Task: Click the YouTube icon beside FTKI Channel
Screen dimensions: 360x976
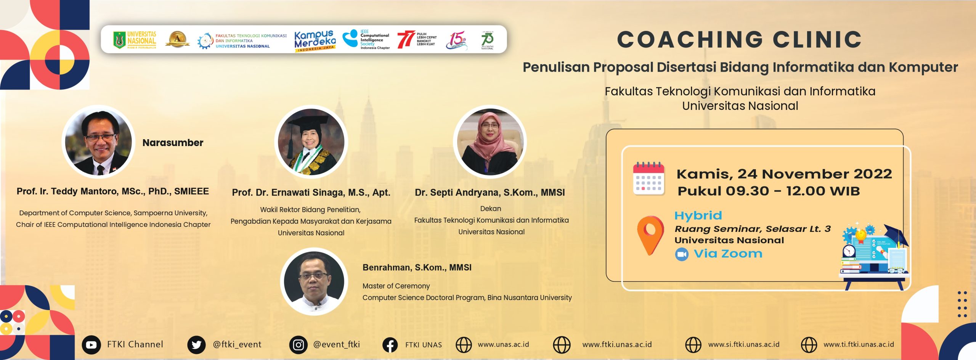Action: click(x=91, y=345)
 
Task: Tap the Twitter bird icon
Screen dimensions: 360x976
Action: click(x=196, y=345)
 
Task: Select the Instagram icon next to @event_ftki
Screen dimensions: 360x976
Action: click(x=298, y=345)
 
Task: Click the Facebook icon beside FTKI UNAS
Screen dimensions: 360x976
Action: click(x=390, y=345)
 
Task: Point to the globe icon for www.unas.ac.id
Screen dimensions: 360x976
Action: click(x=464, y=345)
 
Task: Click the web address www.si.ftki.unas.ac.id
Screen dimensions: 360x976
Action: click(x=743, y=344)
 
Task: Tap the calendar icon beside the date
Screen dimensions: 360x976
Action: click(x=649, y=178)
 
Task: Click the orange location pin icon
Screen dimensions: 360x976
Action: click(x=650, y=234)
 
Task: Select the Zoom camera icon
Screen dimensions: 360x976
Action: click(x=682, y=254)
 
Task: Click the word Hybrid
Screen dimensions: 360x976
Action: click(x=698, y=215)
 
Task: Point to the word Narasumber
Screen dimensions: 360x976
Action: click(x=173, y=143)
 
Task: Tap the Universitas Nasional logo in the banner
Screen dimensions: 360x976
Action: click(x=135, y=40)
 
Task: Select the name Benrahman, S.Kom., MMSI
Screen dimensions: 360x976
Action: click(x=417, y=267)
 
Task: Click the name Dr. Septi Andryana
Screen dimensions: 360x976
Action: click(x=490, y=193)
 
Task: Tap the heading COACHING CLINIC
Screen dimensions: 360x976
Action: click(x=739, y=40)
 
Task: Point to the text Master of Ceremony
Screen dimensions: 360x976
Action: click(x=396, y=286)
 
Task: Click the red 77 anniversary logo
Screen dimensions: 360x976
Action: click(x=406, y=40)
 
